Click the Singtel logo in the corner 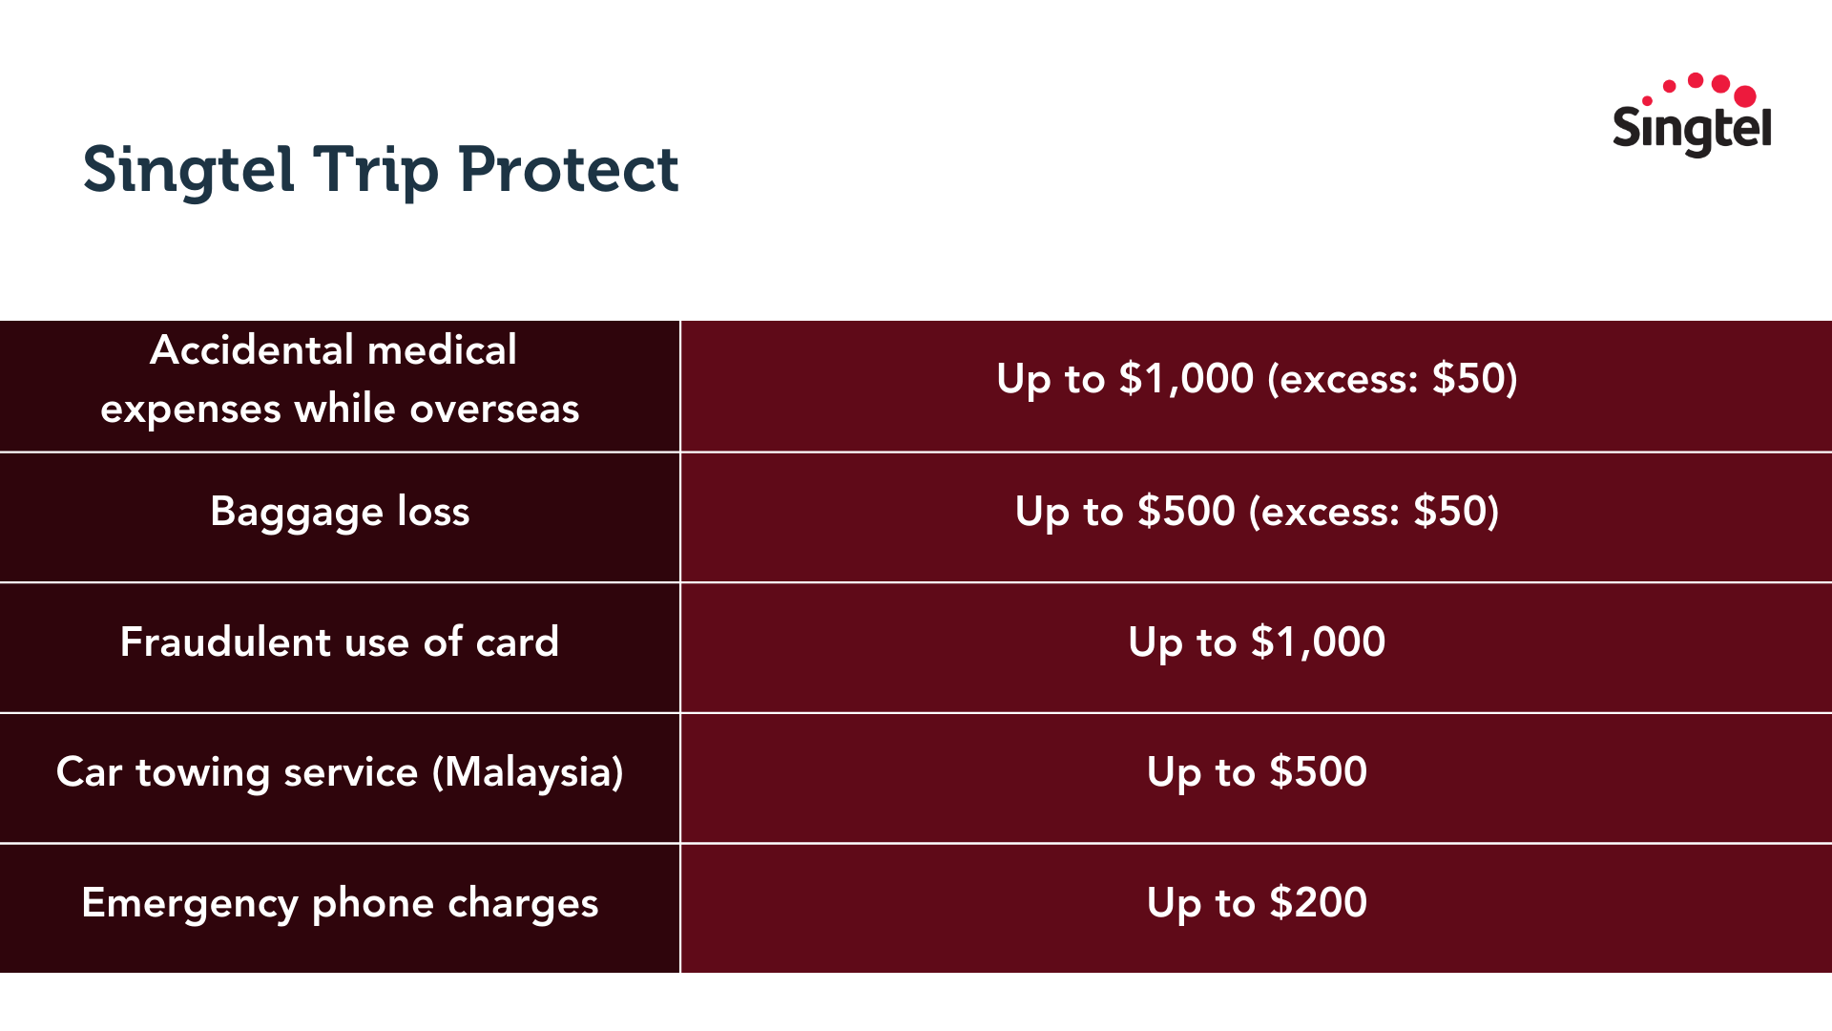click(x=1692, y=118)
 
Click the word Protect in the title click(x=569, y=170)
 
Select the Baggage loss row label click(x=340, y=513)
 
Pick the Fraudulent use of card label click(x=340, y=642)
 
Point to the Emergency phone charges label click(x=340, y=903)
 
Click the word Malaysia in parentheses click(x=528, y=772)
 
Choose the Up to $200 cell click(x=1257, y=903)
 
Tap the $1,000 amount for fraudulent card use click(x=1318, y=642)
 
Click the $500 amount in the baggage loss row click(x=1187, y=512)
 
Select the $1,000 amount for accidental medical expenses click(x=1186, y=379)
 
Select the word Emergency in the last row click(x=190, y=904)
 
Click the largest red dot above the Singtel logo click(x=1745, y=95)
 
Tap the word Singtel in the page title click(x=188, y=170)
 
